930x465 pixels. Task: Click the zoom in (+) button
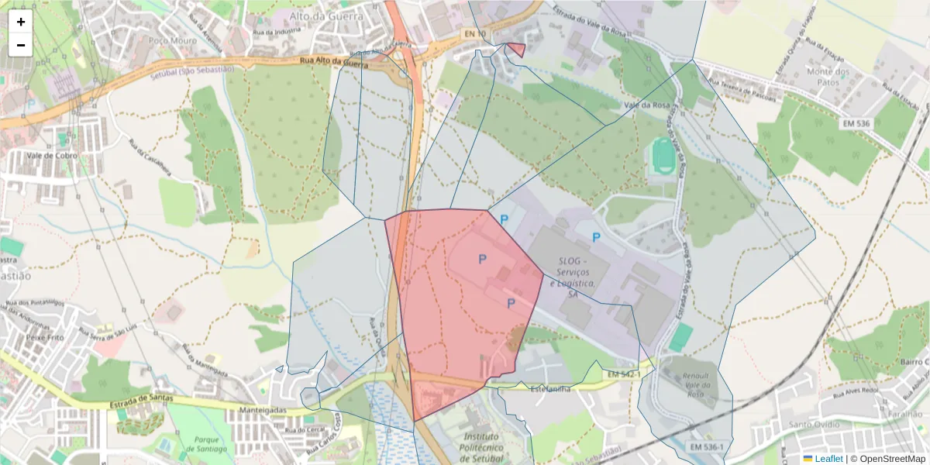click(x=21, y=22)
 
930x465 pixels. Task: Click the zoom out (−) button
click(x=21, y=45)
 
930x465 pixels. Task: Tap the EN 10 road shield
click(x=475, y=33)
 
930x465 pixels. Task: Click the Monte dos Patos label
click(x=828, y=77)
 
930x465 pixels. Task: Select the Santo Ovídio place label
click(x=816, y=425)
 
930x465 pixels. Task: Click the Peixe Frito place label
click(x=43, y=339)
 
